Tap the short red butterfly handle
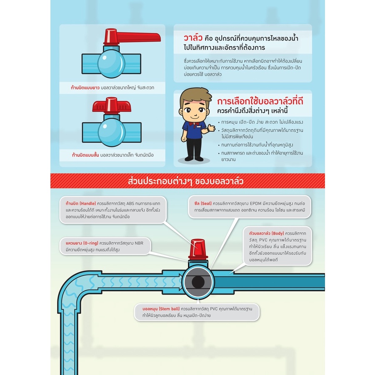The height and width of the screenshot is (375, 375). pyautogui.click(x=111, y=105)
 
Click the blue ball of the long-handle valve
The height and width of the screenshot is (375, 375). pyautogui.click(x=111, y=64)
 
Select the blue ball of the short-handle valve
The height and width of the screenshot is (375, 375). pyautogui.click(x=112, y=132)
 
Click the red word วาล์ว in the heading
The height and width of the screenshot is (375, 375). pyautogui.click(x=193, y=38)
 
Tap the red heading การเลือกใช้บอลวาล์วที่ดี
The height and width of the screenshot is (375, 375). pyautogui.click(x=260, y=101)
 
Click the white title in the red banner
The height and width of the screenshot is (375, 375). pyautogui.click(x=185, y=181)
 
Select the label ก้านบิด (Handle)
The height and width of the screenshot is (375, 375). pyautogui.click(x=80, y=203)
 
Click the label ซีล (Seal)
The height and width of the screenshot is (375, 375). pyautogui.click(x=203, y=203)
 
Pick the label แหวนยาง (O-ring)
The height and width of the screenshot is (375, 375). pyautogui.click(x=82, y=243)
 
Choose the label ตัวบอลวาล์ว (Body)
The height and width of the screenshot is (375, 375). pyautogui.click(x=266, y=233)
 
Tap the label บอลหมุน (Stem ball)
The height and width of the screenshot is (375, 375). pyautogui.click(x=161, y=309)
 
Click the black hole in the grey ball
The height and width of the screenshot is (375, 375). pyautogui.click(x=198, y=282)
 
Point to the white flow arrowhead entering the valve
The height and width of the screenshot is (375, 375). pyautogui.click(x=180, y=282)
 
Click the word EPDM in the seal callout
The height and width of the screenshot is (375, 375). pyautogui.click(x=256, y=203)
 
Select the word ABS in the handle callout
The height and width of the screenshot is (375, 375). pyautogui.click(x=130, y=203)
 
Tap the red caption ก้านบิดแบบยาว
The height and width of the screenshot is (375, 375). pyautogui.click(x=85, y=87)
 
